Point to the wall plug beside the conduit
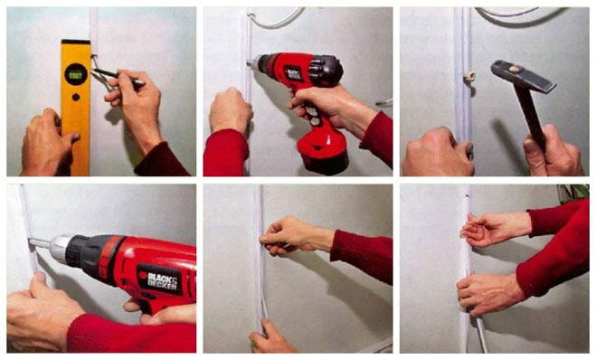point(469,79)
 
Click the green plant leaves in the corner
point(573,193)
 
